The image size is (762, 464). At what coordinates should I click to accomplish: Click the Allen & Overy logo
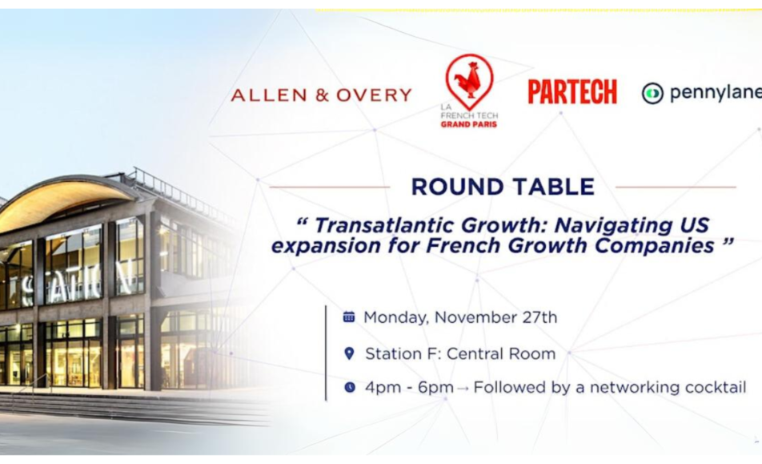[x=321, y=95]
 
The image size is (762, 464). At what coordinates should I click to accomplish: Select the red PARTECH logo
[x=572, y=91]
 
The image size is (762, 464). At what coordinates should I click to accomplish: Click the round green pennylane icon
[x=652, y=93]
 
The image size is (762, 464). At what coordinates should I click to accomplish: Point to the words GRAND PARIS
[x=469, y=124]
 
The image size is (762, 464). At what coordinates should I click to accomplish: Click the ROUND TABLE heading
[x=503, y=187]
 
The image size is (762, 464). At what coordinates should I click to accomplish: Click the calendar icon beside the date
[x=349, y=317]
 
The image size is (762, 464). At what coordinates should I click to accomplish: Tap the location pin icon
[x=349, y=353]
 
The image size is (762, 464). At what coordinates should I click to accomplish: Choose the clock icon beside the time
[x=350, y=387]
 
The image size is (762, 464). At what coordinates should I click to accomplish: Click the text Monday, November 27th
[x=460, y=317]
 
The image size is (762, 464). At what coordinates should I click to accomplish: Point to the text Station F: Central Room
[x=460, y=353]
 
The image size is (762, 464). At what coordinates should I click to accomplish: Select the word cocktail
[x=716, y=387]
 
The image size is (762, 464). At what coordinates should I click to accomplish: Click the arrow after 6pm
[x=463, y=388]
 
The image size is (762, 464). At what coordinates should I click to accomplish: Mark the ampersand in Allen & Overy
[x=321, y=95]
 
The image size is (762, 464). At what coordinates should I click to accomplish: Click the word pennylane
[x=716, y=93]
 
